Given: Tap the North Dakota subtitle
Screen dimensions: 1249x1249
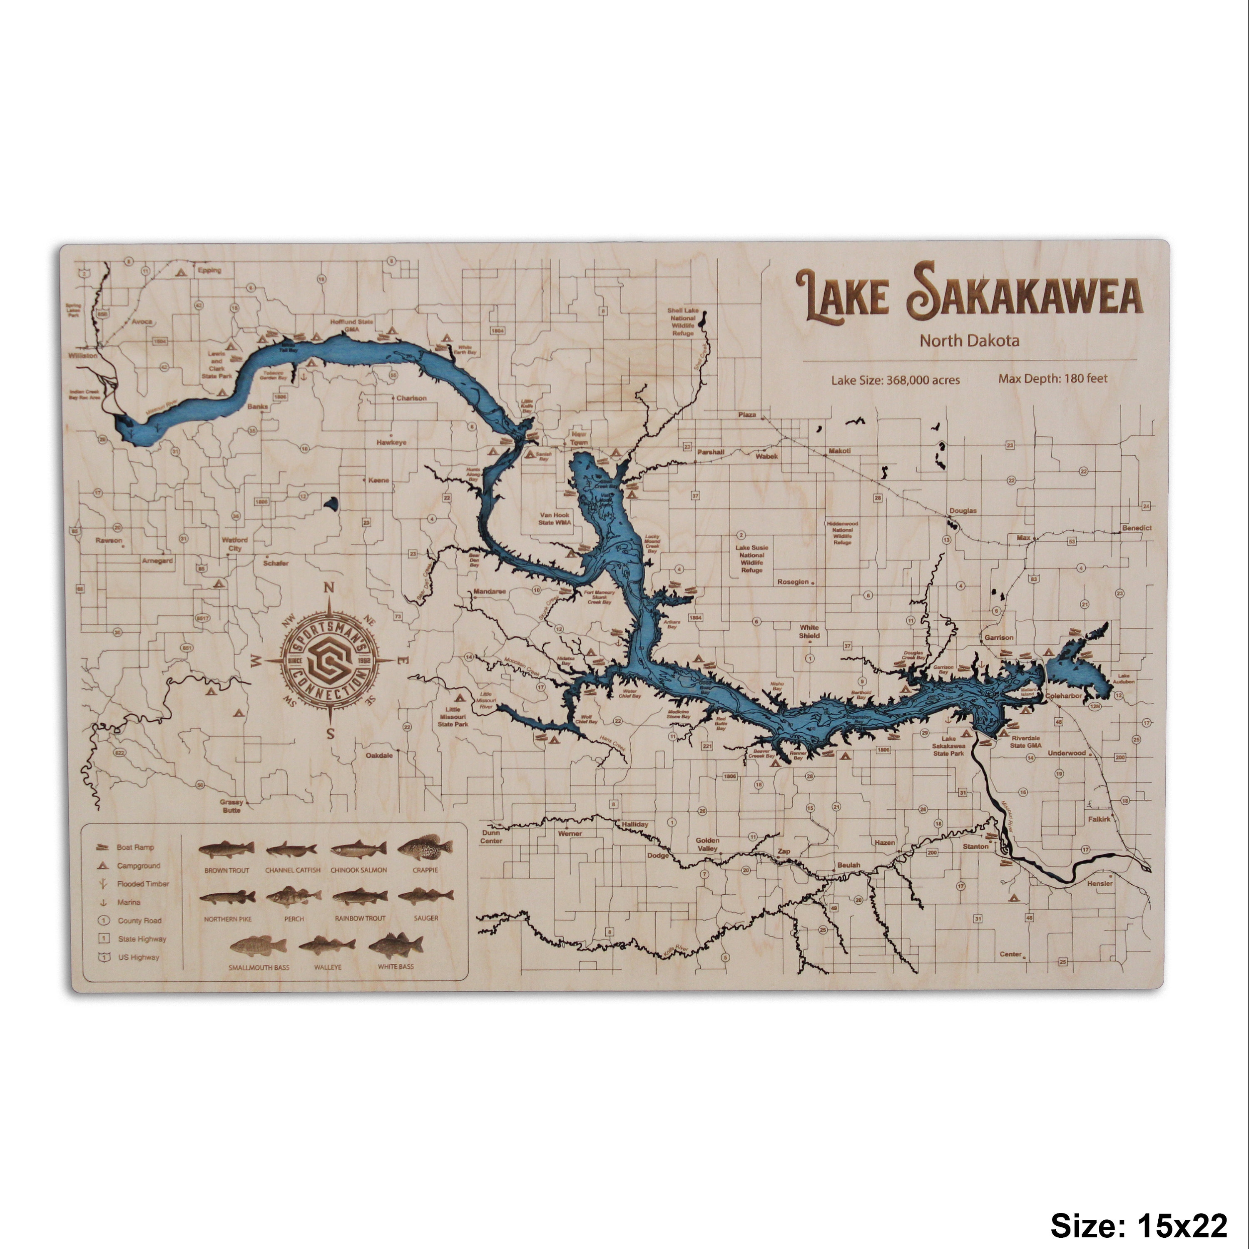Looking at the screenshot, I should pos(969,341).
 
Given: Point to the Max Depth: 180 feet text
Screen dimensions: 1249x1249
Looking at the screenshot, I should pos(1052,378).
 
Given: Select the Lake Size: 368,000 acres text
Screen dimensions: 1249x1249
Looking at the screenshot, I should pos(896,380).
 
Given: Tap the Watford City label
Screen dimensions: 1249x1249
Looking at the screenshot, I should pos(235,544).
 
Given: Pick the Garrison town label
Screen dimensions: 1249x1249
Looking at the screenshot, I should pos(999,637).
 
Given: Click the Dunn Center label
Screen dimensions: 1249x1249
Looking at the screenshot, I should pos(491,836).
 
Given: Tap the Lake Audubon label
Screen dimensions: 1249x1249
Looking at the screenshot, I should pos(1124,679).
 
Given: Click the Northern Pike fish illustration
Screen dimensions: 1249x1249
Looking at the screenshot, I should pos(228,897).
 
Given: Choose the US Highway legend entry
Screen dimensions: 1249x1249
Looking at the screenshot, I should pos(138,958).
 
